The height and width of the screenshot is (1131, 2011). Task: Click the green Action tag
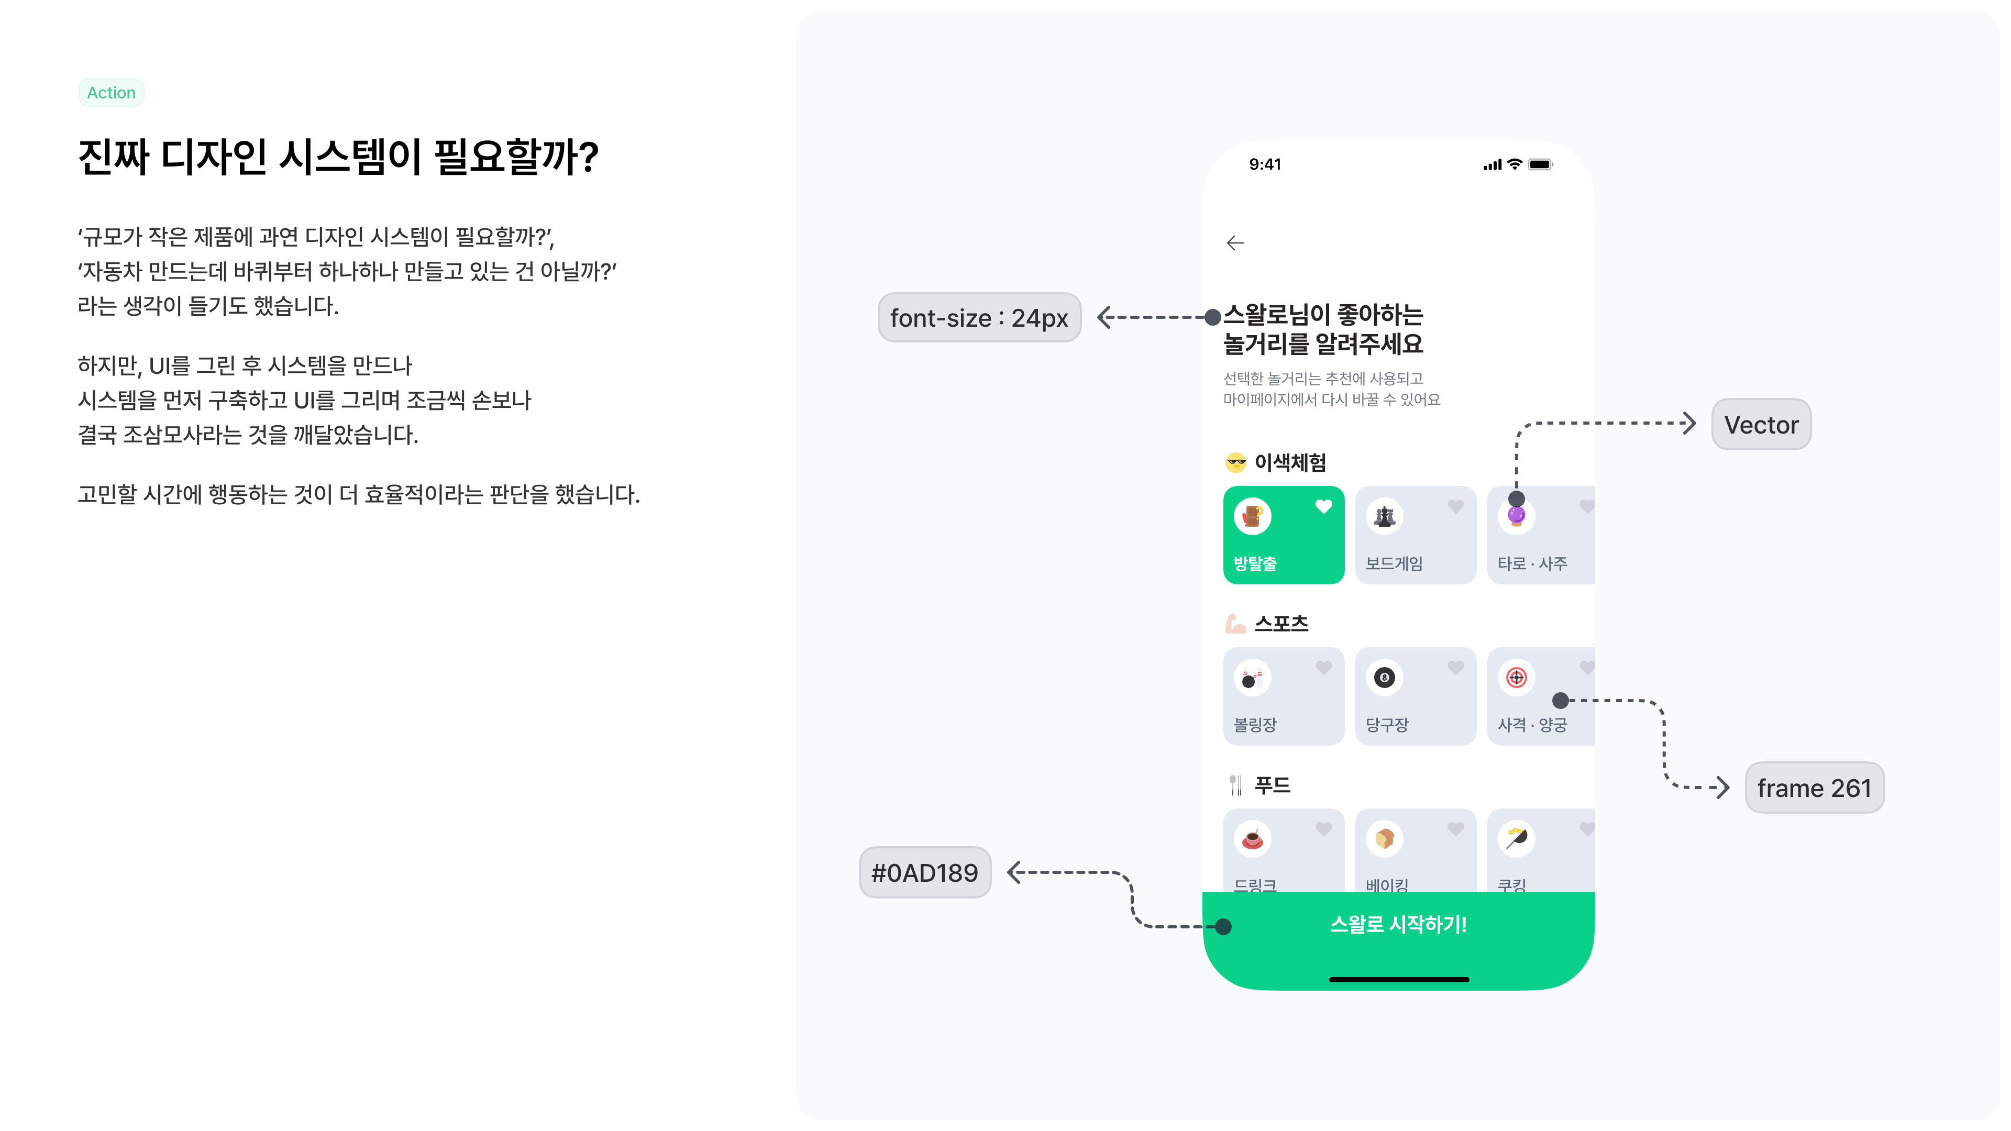click(111, 92)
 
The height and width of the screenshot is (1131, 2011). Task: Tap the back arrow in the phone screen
click(1235, 243)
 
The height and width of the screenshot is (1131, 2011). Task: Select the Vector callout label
click(1761, 425)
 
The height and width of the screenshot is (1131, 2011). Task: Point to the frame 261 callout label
click(1814, 788)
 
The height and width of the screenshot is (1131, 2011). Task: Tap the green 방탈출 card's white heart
click(1323, 506)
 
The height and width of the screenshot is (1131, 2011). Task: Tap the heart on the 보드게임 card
click(1455, 506)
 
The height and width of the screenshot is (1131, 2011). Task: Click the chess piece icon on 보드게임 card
click(1385, 516)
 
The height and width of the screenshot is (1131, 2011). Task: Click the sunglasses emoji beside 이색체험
click(1236, 463)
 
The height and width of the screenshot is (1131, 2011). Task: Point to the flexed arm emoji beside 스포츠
click(1235, 624)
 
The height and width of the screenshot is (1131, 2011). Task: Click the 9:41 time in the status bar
click(1265, 164)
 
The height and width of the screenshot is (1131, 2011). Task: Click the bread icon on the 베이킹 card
click(1385, 839)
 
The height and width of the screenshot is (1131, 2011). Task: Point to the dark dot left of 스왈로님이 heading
click(1212, 317)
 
